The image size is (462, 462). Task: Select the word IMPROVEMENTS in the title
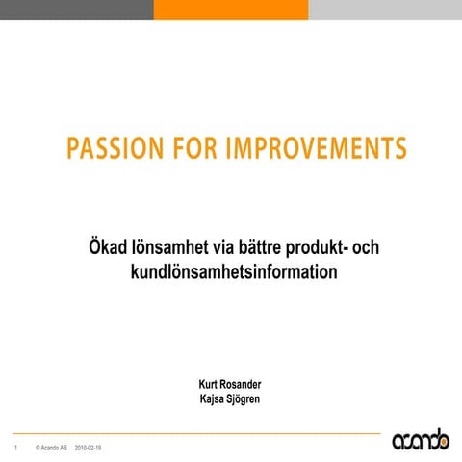[316, 149]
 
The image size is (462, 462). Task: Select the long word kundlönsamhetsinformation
[234, 272]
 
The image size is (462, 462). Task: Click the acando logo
[420, 440]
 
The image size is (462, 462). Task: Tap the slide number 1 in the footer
[15, 449]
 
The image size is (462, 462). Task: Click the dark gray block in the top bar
[77, 10]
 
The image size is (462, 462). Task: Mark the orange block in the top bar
[231, 10]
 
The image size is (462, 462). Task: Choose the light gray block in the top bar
[385, 10]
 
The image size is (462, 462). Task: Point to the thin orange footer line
[192, 433]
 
